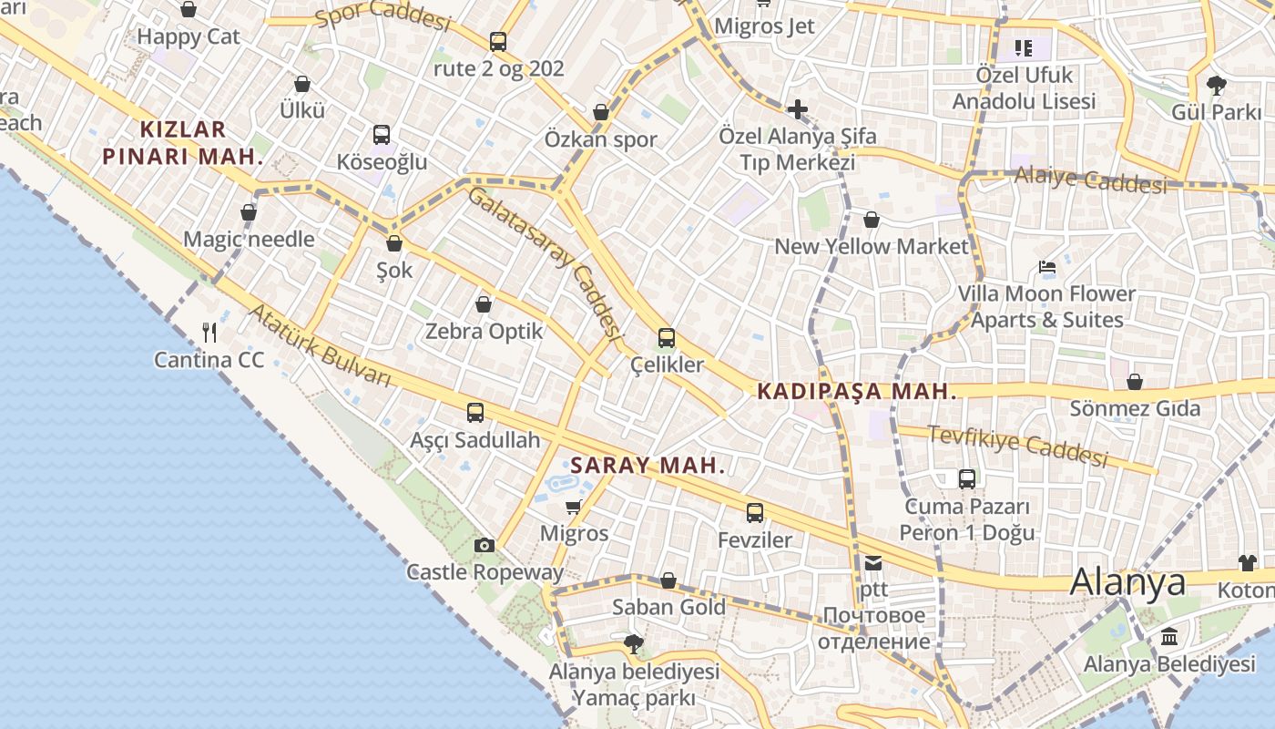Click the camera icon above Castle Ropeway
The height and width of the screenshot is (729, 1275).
click(x=484, y=545)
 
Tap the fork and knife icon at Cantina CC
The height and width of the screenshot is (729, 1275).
click(x=209, y=332)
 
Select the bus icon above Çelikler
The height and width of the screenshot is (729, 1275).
click(x=667, y=338)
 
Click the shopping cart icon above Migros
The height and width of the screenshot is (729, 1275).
click(x=573, y=506)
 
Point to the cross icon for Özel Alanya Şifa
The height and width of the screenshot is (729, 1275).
click(x=798, y=109)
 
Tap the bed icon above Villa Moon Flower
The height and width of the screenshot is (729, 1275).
click(x=1047, y=267)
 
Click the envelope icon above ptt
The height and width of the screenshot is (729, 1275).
click(x=873, y=563)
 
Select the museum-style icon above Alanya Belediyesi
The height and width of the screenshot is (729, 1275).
click(x=1169, y=636)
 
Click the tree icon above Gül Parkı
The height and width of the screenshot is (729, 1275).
click(x=1216, y=86)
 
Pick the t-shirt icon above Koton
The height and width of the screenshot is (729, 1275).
click(x=1247, y=563)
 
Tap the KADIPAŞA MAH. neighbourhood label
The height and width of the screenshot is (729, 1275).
click(x=857, y=392)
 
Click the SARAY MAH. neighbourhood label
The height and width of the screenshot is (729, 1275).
click(x=648, y=466)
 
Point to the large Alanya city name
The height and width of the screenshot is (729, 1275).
click(x=1127, y=581)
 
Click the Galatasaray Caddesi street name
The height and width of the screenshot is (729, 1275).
click(x=546, y=262)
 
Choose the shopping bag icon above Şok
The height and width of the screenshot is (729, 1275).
click(x=394, y=243)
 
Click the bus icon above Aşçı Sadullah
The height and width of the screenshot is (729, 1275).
click(x=475, y=413)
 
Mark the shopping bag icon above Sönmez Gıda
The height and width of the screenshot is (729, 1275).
click(x=1135, y=382)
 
